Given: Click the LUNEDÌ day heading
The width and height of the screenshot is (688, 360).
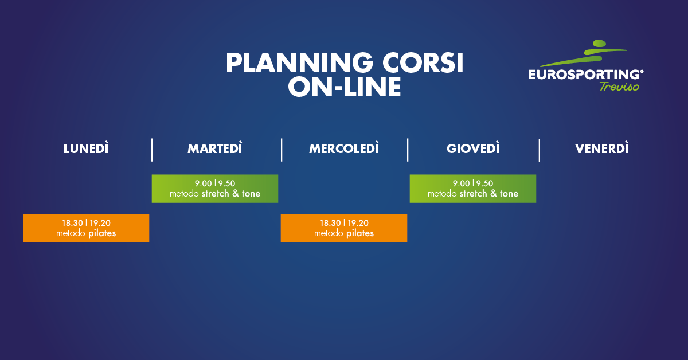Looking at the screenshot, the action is click(86, 148).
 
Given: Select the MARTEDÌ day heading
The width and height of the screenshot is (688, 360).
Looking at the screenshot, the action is click(214, 148).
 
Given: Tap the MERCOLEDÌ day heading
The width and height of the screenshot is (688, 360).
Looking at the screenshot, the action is click(344, 148).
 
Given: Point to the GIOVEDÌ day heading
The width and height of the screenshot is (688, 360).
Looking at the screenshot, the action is click(473, 148).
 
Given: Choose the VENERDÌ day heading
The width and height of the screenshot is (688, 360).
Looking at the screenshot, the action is click(601, 148).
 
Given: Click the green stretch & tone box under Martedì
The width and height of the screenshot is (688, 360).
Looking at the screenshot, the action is click(214, 189).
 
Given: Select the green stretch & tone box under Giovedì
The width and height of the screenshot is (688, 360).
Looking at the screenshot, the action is click(473, 189).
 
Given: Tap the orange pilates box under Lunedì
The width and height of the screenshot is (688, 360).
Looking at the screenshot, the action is click(86, 228).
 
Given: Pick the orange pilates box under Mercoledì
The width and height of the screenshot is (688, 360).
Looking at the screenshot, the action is click(344, 228).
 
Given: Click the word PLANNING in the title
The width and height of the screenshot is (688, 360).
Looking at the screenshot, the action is click(299, 63).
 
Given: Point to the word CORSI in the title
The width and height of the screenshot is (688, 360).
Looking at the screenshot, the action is click(423, 63).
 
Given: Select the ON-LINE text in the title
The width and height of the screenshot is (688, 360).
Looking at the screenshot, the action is click(345, 87).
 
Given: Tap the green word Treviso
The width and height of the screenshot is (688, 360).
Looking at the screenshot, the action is click(619, 87).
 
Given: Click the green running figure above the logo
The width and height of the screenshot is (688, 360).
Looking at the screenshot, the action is click(584, 53).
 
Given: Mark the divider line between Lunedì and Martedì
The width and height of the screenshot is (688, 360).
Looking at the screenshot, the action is click(152, 150).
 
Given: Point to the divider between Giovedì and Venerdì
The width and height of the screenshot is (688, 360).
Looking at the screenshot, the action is click(540, 150).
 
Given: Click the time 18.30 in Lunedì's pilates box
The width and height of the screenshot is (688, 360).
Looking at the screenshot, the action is click(72, 223).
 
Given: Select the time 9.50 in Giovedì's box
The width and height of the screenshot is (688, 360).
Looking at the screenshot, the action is click(484, 183).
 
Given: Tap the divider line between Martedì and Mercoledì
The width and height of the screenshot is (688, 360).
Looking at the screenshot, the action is click(282, 150).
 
